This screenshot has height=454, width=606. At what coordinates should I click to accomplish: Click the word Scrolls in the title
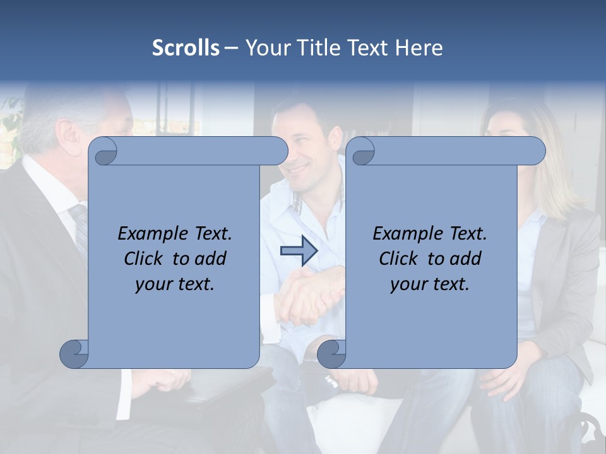(186, 48)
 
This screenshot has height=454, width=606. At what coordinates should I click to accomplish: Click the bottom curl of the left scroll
(74, 354)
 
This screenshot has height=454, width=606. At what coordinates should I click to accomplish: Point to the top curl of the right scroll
(362, 152)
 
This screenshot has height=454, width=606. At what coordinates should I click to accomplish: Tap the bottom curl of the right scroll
(331, 354)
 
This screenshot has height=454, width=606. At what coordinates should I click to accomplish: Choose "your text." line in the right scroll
(430, 284)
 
